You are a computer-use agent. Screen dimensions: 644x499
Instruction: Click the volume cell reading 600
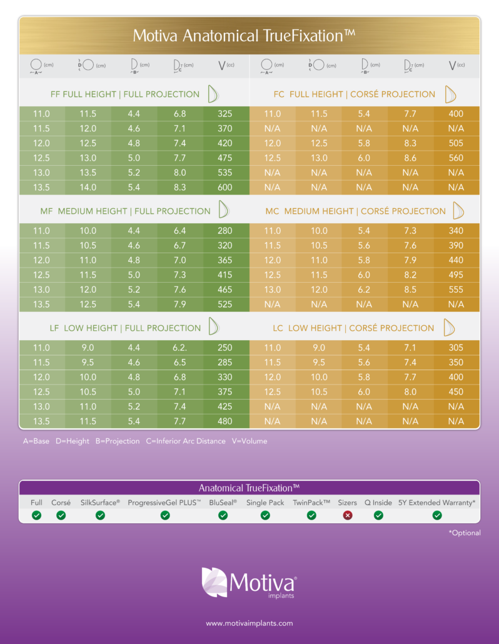225,187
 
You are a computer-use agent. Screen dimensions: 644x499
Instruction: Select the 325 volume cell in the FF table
225,114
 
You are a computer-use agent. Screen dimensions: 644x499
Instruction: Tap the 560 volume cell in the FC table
456,158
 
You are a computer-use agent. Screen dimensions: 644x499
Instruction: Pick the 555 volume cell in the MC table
456,289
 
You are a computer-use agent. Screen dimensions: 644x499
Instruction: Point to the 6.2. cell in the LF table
180,348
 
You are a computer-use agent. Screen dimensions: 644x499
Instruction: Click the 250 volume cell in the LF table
225,348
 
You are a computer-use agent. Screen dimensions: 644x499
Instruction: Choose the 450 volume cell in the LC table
456,392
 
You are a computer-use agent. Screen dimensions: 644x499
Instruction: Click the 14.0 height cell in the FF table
88,187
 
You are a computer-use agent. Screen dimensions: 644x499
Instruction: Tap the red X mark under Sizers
348,515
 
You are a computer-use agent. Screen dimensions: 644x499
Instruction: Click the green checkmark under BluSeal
223,515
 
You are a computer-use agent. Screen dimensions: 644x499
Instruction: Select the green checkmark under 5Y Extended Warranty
437,515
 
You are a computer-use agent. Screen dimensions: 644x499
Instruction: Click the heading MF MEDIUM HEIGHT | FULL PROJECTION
125,211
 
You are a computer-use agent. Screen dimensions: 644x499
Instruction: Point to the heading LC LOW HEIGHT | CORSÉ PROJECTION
353,328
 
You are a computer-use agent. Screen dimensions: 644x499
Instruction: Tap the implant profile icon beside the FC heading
450,94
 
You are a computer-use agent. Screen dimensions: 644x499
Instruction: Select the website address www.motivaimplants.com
249,623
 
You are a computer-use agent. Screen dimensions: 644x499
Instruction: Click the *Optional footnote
465,533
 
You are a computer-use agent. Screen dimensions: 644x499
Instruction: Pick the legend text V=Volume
249,441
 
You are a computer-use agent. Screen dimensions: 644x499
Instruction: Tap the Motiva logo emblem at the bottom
214,582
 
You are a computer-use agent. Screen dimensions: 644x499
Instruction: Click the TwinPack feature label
311,503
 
